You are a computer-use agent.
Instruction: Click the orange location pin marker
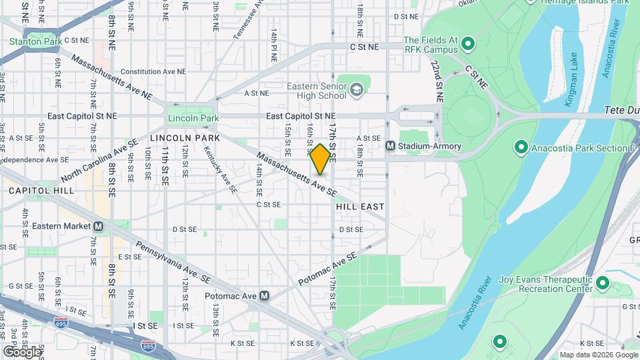point(321,159)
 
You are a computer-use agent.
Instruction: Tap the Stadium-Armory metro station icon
point(391,146)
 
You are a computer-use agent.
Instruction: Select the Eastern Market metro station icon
point(98,226)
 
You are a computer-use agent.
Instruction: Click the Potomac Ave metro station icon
point(265,295)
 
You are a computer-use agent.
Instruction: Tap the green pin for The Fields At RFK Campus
point(468,45)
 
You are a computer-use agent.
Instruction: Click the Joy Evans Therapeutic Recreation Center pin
point(603,283)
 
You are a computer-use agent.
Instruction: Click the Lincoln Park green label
point(193,118)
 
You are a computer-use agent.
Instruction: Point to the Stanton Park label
point(35,41)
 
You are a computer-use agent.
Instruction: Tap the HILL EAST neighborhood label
point(360,207)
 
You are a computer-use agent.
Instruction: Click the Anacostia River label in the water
point(475,303)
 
